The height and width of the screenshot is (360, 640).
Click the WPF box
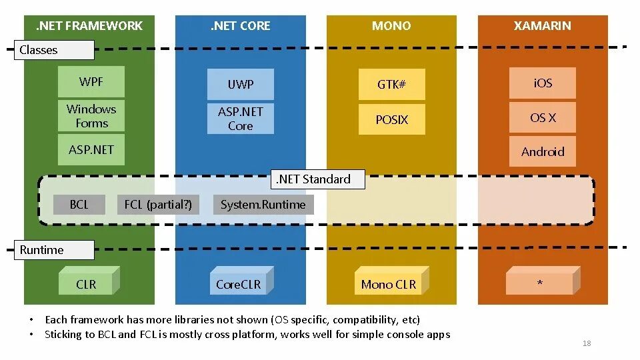coord(91,82)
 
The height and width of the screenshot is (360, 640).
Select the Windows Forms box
coord(91,116)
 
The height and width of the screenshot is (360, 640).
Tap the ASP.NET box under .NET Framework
coord(91,150)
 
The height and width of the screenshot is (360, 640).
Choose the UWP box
coord(241,85)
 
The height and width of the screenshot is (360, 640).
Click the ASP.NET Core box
coord(241,119)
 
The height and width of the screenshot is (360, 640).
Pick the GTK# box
coord(391,85)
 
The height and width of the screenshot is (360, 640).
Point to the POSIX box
coord(391,120)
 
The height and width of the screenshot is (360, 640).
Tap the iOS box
coord(543,83)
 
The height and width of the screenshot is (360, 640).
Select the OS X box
coord(543,118)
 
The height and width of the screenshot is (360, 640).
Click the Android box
coord(543,152)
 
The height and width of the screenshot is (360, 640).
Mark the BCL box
coord(79,205)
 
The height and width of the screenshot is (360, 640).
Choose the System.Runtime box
coord(263,205)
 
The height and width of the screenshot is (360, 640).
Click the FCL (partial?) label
coord(158,205)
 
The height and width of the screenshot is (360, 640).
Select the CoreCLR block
coord(239,285)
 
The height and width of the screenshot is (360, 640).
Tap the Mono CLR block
coord(388,285)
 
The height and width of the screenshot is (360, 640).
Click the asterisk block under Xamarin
coord(539,284)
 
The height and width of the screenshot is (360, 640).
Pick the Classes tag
coord(54,50)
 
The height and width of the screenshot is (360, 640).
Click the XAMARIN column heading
coord(543,26)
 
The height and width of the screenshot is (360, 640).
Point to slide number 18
coord(587,343)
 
